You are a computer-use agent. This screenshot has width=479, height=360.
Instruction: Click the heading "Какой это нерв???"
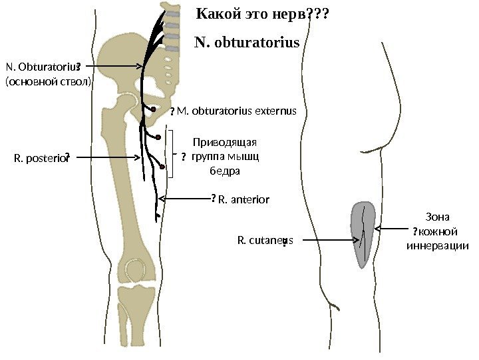pyautogui.click(x=263, y=14)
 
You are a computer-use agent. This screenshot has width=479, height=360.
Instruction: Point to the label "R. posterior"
pyautogui.click(x=40, y=158)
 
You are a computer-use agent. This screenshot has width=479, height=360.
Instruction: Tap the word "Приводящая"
pyautogui.click(x=224, y=142)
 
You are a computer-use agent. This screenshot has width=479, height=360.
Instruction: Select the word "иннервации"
pyautogui.click(x=437, y=246)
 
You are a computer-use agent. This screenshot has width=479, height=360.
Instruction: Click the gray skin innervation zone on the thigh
pyautogui.click(x=363, y=233)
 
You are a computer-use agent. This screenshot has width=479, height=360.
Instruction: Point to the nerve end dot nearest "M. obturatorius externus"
pyautogui.click(x=154, y=109)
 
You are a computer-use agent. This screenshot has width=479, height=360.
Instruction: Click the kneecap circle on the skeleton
pyautogui.click(x=136, y=271)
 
